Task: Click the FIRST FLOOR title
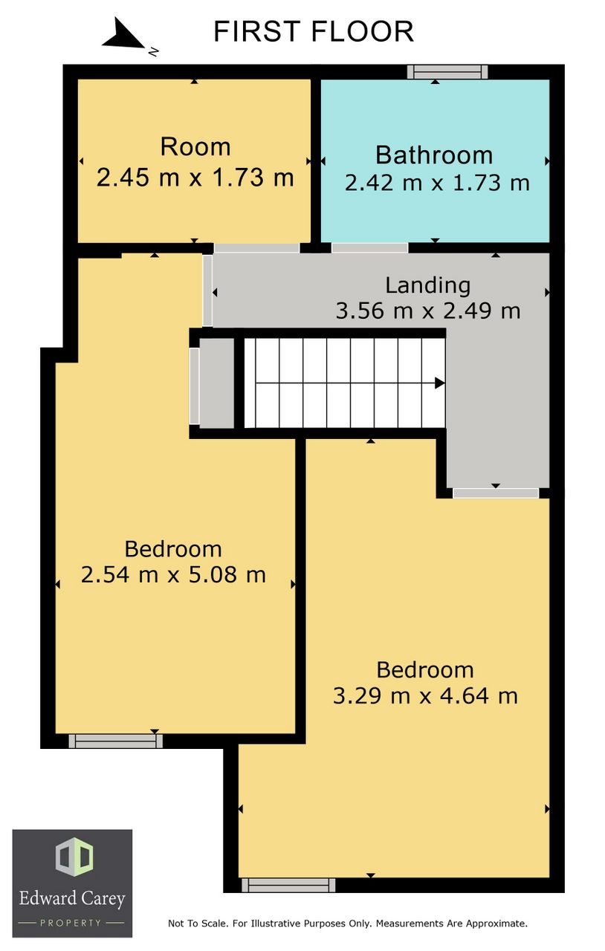pyautogui.click(x=314, y=31)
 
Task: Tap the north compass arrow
pyautogui.click(x=123, y=34)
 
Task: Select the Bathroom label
pyautogui.click(x=434, y=155)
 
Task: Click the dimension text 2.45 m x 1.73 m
pyautogui.click(x=195, y=177)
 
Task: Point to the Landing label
pyautogui.click(x=428, y=285)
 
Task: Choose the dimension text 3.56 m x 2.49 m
pyautogui.click(x=428, y=311)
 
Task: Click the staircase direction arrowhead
pyautogui.click(x=439, y=383)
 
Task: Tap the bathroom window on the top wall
pyautogui.click(x=447, y=72)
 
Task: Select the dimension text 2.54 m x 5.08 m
pyautogui.click(x=173, y=575)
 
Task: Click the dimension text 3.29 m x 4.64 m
pyautogui.click(x=425, y=696)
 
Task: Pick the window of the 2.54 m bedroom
pyautogui.click(x=115, y=741)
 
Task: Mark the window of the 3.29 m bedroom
pyautogui.click(x=288, y=885)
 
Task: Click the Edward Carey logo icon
pyautogui.click(x=74, y=857)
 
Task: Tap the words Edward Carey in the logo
pyautogui.click(x=72, y=898)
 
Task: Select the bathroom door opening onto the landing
pyautogui.click(x=369, y=247)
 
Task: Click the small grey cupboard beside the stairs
pyautogui.click(x=216, y=383)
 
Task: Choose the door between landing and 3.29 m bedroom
pyautogui.click(x=496, y=493)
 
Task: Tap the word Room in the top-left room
pyautogui.click(x=195, y=147)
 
